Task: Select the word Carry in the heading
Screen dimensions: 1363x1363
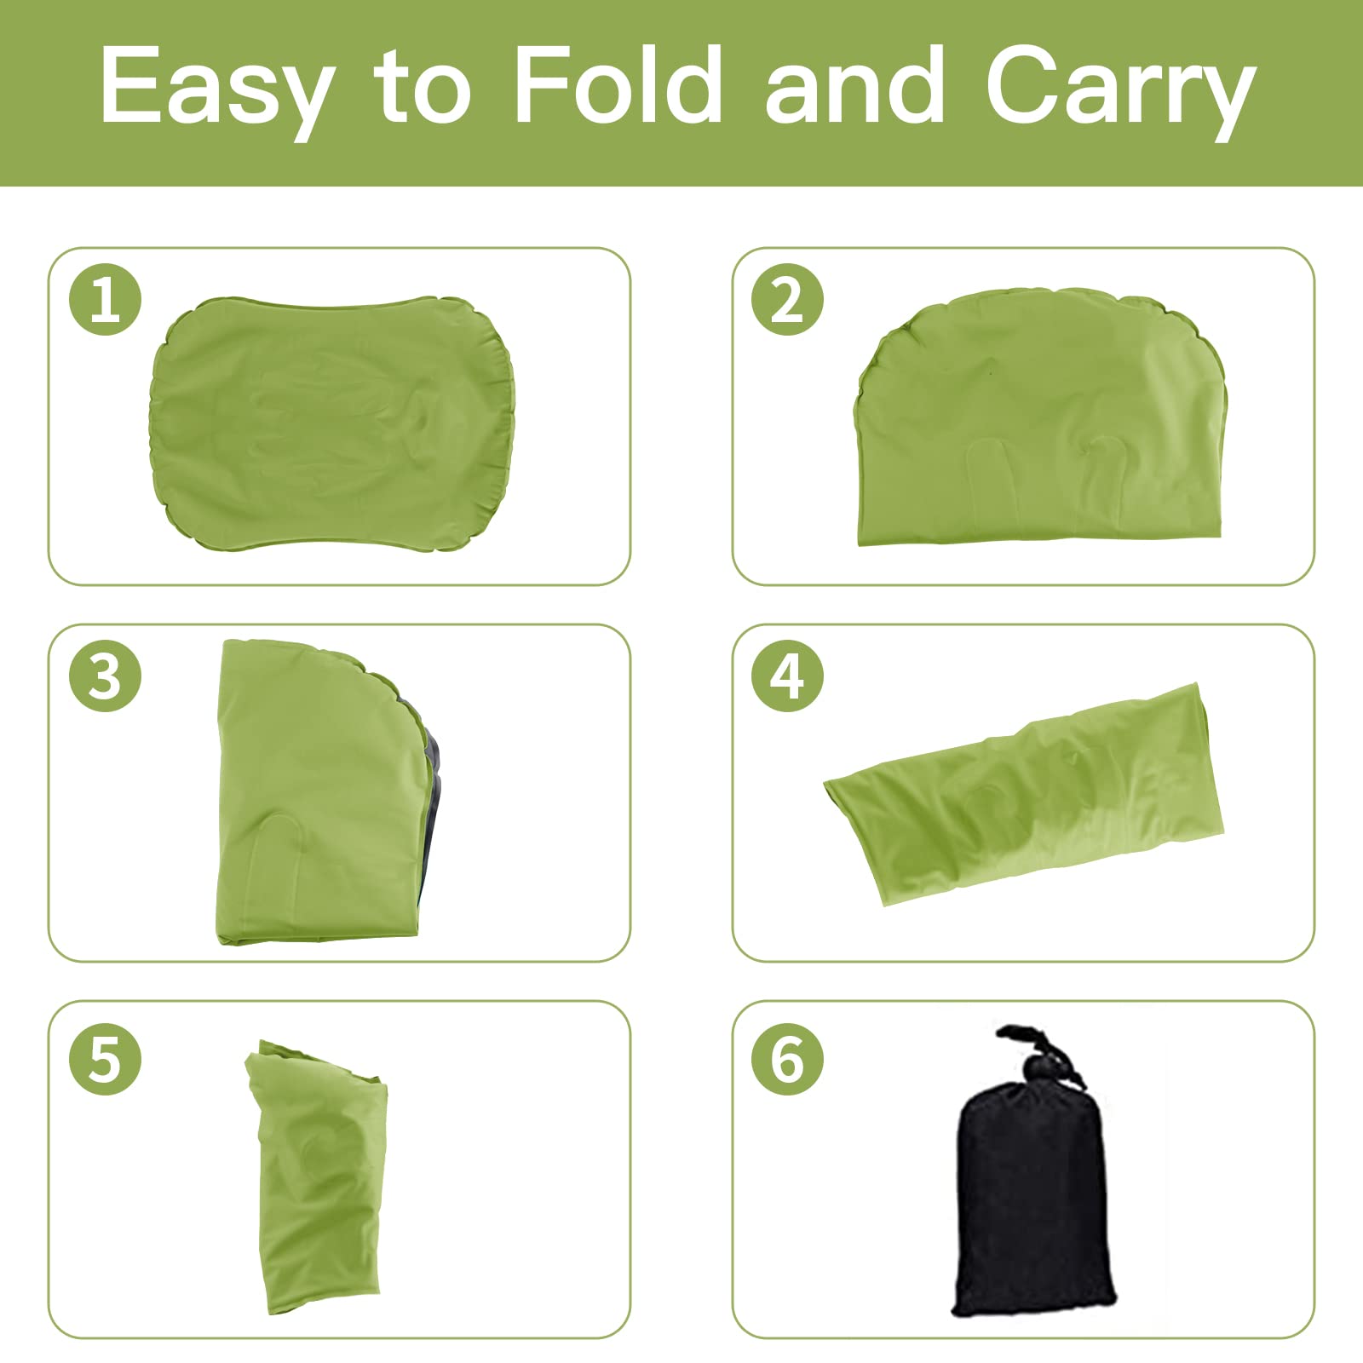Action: pos(1120,89)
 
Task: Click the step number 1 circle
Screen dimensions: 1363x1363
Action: pos(105,299)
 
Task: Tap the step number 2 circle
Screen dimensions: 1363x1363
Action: pos(787,299)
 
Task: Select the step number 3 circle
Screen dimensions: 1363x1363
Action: pos(105,676)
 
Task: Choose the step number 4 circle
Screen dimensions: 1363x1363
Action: pos(787,676)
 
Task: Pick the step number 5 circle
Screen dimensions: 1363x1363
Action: pos(105,1059)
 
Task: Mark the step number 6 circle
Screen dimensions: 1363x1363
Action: pos(787,1059)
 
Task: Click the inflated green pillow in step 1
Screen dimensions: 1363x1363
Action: pos(332,423)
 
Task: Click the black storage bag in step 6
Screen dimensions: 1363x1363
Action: pos(1032,1201)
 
